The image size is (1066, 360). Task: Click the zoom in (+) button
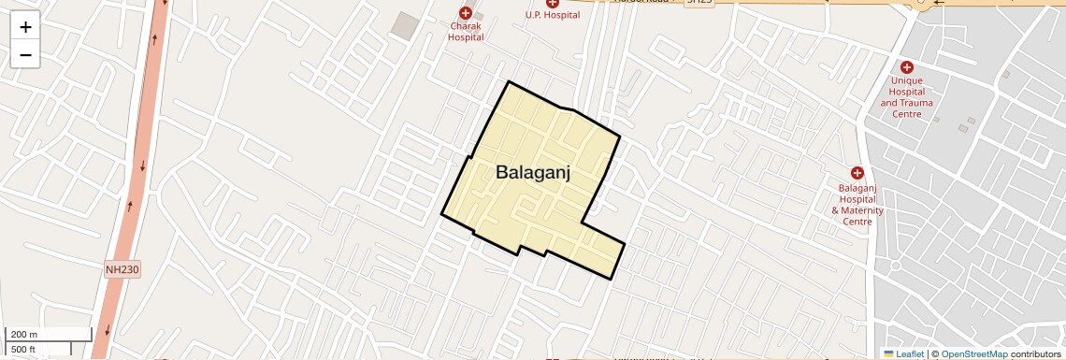25,27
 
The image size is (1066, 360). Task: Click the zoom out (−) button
25,55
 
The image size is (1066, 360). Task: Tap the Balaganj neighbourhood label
533,172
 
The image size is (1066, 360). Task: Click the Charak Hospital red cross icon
465,13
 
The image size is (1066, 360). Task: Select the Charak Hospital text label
465,32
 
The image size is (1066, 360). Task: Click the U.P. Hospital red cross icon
553,3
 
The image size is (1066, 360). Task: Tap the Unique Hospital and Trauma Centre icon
906,66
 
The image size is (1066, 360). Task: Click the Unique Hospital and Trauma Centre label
906,97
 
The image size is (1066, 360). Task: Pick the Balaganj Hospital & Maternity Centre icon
857,172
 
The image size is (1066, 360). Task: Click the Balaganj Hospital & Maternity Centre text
857,205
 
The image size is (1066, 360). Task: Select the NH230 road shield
122,269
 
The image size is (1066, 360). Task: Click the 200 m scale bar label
24,334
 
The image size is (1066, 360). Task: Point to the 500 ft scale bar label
23,350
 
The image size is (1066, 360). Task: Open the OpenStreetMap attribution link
973,353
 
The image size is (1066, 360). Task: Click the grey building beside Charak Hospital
405,26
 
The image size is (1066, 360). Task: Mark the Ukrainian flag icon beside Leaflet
888,353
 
